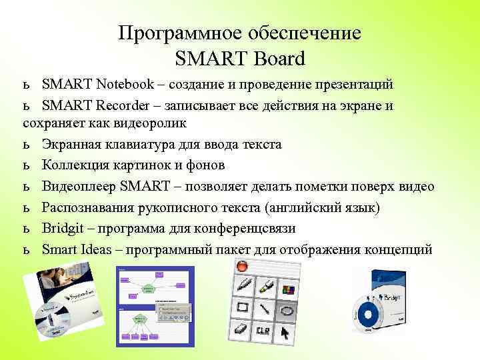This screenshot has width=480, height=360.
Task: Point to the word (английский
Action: point(297,208)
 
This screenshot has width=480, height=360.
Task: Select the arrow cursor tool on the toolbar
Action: point(286,331)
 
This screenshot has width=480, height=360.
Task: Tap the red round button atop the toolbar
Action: point(241,266)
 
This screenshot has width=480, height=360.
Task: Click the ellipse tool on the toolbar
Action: point(287,309)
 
